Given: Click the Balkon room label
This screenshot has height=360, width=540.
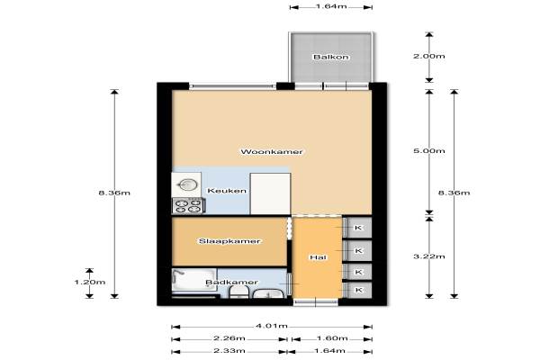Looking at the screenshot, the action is click(330, 57).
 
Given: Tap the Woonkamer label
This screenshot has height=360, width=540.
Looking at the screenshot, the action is click(272, 151).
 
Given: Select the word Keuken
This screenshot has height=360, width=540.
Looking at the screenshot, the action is click(227, 191).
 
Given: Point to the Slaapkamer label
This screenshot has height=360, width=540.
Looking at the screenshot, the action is click(229, 241).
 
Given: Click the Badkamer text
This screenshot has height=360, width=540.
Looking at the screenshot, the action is click(231, 283).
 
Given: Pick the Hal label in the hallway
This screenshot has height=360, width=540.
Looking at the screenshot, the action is click(318, 257).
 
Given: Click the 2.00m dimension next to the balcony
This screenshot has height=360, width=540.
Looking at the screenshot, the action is click(429, 56).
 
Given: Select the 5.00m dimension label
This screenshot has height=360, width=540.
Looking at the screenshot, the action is click(429, 151).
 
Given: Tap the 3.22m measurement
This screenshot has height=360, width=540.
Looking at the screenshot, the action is click(429, 256).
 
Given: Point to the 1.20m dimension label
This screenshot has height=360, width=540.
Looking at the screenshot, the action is click(90, 282).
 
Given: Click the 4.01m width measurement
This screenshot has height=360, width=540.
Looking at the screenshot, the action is click(272, 326).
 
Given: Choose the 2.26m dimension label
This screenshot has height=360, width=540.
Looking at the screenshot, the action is click(229, 338).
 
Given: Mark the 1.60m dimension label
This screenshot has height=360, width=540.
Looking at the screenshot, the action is click(332, 338).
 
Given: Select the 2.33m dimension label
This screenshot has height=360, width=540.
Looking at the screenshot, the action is click(229, 351).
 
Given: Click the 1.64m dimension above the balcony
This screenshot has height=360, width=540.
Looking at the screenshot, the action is click(330, 6).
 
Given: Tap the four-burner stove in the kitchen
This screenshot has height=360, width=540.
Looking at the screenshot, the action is click(188, 206).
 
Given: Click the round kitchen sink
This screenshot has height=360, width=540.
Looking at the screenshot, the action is click(187, 185).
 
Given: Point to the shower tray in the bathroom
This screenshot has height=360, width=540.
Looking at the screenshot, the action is click(194, 281).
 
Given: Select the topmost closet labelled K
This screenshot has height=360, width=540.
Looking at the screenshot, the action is click(358, 228).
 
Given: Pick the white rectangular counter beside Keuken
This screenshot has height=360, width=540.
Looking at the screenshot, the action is click(270, 194).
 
